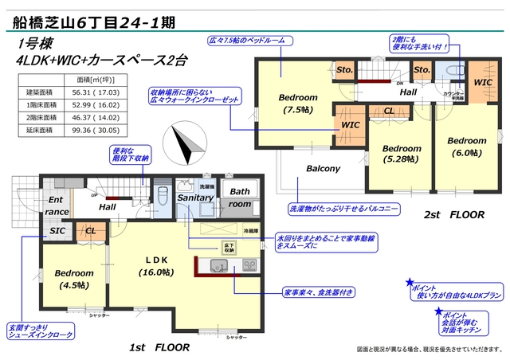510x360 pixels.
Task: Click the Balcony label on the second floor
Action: coord(324,169)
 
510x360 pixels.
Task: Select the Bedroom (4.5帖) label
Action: coord(74,280)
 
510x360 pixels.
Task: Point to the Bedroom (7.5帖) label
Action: coord(298,104)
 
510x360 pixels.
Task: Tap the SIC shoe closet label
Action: coord(57,231)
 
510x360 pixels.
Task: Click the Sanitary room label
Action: coord(194,198)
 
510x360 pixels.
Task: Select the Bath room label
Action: coord(240,198)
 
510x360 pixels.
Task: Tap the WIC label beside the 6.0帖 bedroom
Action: coord(483,82)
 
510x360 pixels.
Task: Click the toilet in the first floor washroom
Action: coord(162,195)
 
